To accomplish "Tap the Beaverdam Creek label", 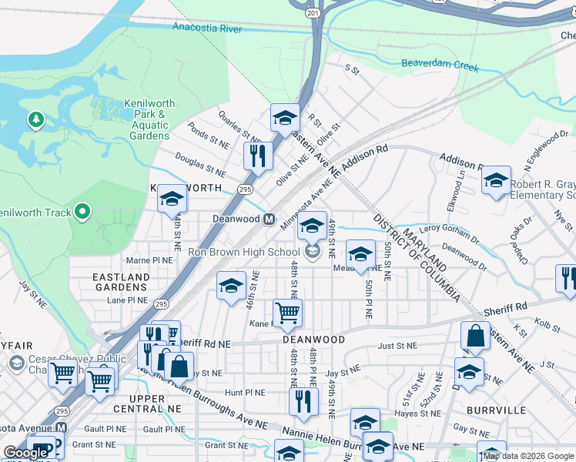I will (x=440, y=66).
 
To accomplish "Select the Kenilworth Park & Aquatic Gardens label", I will (x=139, y=120).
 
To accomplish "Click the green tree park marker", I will (x=35, y=119).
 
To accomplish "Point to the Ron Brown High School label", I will (x=245, y=252).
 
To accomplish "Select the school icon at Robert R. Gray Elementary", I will (x=496, y=182).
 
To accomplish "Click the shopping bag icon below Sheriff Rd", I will (x=475, y=336).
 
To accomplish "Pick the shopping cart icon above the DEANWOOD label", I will (x=287, y=313).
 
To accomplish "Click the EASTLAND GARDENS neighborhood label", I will (x=119, y=283).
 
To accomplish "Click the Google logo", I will (x=26, y=453).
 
